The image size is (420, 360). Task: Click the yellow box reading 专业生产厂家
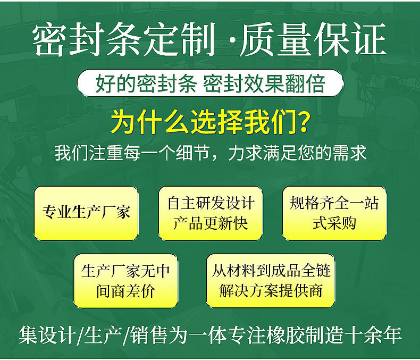[x=86, y=213]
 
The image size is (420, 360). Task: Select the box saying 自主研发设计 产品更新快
[x=211, y=213]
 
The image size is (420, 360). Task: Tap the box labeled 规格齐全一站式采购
[x=334, y=213]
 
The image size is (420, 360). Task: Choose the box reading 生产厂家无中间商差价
[x=125, y=281]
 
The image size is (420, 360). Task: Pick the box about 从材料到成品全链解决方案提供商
[x=271, y=281]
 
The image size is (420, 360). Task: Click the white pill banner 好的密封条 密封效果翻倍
[x=210, y=83]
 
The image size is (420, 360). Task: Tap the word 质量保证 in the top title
[x=313, y=39]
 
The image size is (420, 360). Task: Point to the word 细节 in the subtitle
[x=192, y=153]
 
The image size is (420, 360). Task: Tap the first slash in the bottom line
[x=80, y=335]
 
